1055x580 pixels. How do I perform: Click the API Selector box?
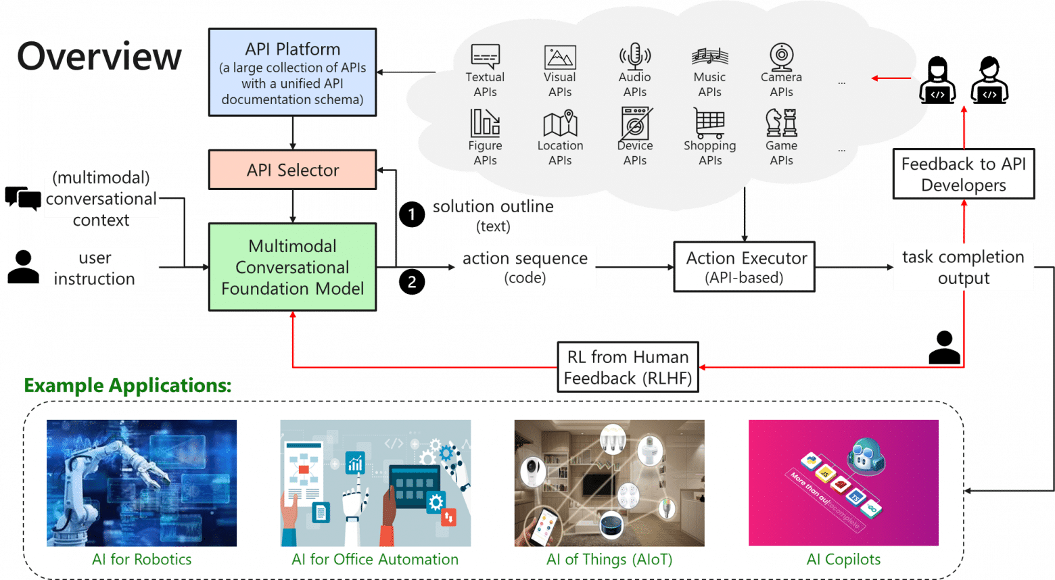(292, 170)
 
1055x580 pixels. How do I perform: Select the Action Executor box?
(744, 267)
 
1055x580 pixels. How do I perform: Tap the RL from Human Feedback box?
(628, 367)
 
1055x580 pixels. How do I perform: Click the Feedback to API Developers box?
(964, 174)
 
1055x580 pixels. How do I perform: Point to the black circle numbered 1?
(412, 214)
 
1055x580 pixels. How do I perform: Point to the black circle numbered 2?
(412, 281)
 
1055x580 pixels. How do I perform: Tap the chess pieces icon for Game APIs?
(781, 122)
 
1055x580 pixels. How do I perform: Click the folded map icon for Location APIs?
(560, 123)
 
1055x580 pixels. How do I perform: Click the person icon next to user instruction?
(23, 267)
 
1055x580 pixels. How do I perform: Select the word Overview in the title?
(99, 56)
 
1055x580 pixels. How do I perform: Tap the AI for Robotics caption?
(142, 559)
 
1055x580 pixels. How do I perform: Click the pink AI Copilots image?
(843, 483)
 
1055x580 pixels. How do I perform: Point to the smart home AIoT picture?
(609, 483)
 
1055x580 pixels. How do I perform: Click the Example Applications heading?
(128, 385)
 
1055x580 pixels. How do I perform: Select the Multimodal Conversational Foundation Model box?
(292, 267)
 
